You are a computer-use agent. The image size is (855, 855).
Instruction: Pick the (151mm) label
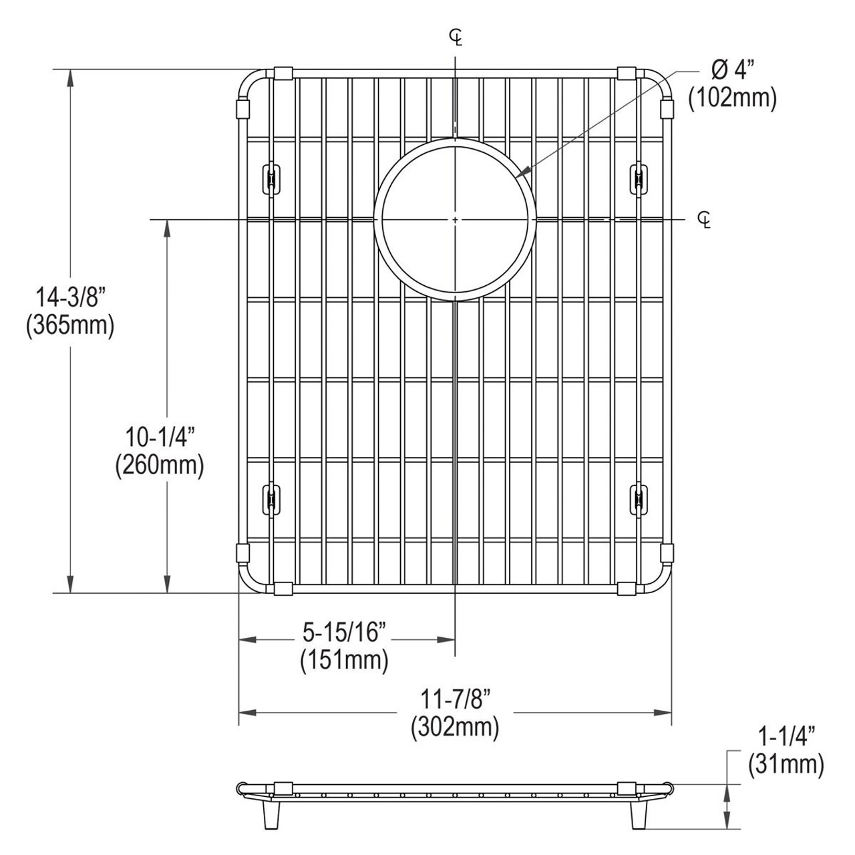click(345, 660)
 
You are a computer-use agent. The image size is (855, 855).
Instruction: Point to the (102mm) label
click(733, 99)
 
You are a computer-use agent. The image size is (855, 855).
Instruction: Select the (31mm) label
click(786, 764)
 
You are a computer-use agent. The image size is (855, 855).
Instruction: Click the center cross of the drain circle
click(455, 218)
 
